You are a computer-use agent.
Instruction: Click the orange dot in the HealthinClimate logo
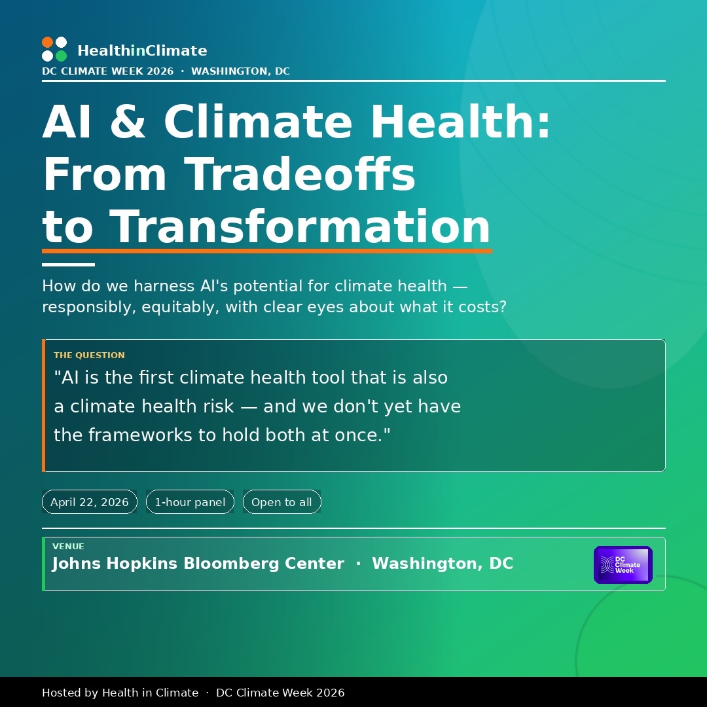coord(47,43)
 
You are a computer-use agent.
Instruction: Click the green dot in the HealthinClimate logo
coord(62,56)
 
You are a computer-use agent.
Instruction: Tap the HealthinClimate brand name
coord(143,50)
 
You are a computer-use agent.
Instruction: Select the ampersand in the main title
coord(128,121)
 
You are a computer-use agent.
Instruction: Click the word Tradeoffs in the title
coord(299,174)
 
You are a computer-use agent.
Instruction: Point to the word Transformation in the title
coord(300,227)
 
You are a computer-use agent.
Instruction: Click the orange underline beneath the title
coord(267,251)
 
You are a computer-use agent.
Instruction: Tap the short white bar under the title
coord(68,264)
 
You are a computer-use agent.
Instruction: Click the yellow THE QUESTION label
coord(89,355)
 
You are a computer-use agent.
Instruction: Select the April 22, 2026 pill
coord(89,502)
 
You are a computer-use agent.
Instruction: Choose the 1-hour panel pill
coord(190,502)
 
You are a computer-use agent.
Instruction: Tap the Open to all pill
coord(281,502)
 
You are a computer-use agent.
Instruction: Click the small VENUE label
coord(68,547)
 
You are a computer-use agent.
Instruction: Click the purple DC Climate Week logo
coord(623,565)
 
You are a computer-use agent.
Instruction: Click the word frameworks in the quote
coord(141,435)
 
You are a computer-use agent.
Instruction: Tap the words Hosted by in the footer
coord(70,693)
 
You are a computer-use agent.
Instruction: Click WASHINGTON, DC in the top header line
coord(240,71)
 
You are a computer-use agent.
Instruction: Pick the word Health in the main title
coord(460,121)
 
